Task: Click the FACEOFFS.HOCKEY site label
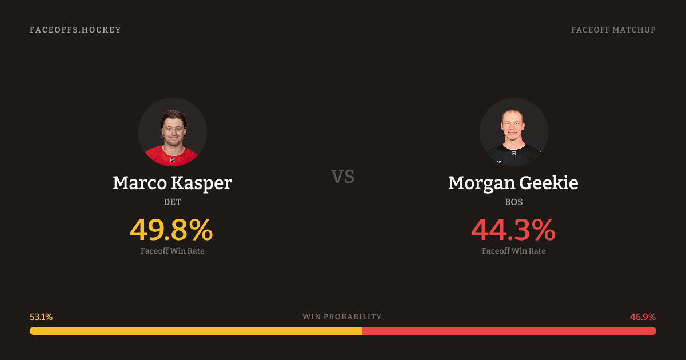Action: coord(75,30)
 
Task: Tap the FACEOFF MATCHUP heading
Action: coord(613,30)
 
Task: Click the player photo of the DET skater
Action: coord(173,132)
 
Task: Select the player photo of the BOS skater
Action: coord(513,132)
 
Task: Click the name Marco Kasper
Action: coord(173,183)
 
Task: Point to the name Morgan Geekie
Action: coord(513,183)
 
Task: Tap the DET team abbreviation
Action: coord(173,202)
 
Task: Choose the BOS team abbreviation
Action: coord(513,202)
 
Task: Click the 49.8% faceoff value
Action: coord(171,230)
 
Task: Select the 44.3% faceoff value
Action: coord(513,230)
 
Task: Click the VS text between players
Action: coord(343,177)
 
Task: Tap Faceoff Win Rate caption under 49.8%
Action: coord(173,251)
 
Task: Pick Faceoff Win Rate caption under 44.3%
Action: coord(513,251)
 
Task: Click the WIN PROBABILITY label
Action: coord(342,317)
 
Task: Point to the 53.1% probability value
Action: coord(41,317)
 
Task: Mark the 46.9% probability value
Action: coord(643,317)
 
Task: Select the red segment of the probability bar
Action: coord(509,331)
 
